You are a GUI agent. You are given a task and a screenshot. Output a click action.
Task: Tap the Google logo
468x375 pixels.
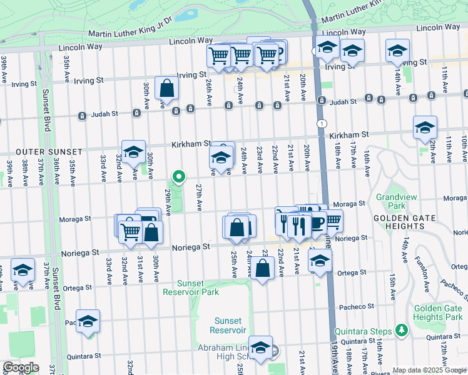click(21, 367)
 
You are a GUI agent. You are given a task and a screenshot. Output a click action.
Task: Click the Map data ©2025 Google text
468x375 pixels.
click(429, 370)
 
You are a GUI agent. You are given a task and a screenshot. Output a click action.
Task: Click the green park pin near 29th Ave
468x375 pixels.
click(179, 177)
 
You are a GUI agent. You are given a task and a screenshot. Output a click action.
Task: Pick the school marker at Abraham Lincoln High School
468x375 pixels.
click(260, 347)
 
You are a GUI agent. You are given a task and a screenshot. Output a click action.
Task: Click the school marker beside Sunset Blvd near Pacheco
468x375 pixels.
click(88, 321)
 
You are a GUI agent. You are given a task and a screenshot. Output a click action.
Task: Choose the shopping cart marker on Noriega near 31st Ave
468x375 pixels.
click(130, 231)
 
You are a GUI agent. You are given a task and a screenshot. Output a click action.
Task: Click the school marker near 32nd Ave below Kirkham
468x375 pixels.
click(133, 152)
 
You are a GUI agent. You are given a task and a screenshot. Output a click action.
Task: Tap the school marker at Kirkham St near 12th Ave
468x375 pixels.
click(425, 128)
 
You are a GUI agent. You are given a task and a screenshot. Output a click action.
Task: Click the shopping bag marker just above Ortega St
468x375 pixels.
click(263, 269)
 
